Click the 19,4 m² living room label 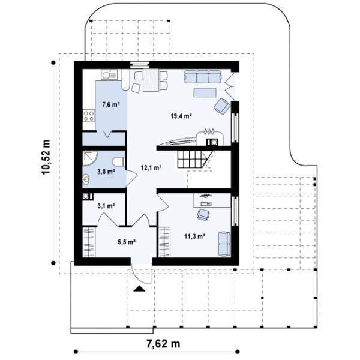coord(181,116)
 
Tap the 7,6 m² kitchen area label coord(111,104)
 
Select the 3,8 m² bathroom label coord(106,171)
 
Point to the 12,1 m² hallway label coord(151,167)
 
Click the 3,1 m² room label coord(106,206)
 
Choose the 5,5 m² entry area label coord(126,242)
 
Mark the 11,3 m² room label coord(195,236)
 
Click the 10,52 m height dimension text coord(46,157)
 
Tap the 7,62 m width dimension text coord(163,344)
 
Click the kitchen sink coord(109,74)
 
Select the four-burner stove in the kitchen coord(89,115)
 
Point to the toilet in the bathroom coord(118,161)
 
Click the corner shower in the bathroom coord(90,158)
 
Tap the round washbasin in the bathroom coord(86,179)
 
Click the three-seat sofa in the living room coord(203,76)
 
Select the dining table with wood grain coord(151,80)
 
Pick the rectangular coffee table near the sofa coord(205,92)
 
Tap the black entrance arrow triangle coord(139,289)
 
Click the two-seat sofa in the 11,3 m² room coord(224,244)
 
